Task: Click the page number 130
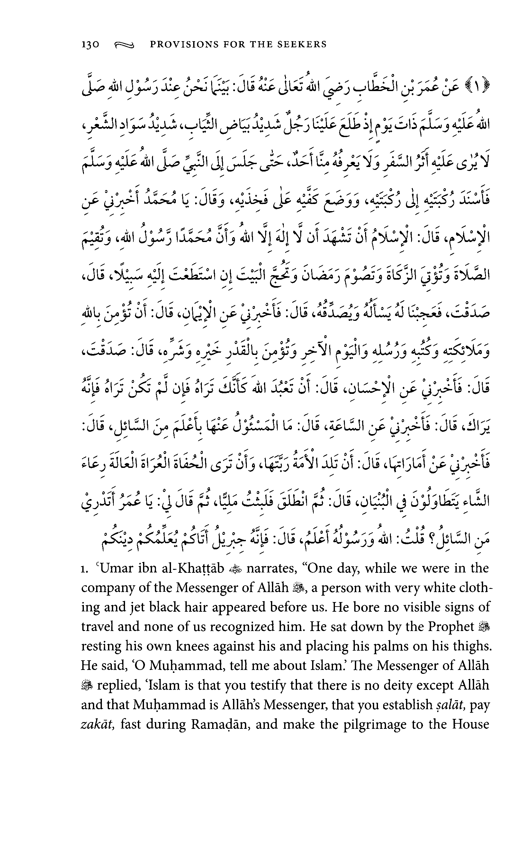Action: click(x=90, y=44)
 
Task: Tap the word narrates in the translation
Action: click(x=272, y=568)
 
